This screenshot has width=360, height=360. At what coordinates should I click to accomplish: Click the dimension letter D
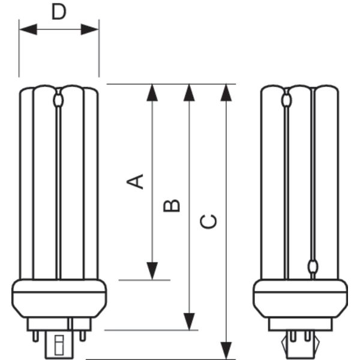click(58, 11)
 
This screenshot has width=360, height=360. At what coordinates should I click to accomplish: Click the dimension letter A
click(137, 181)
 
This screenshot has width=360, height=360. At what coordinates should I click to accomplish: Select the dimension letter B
click(172, 205)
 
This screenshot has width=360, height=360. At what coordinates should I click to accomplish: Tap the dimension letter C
click(209, 221)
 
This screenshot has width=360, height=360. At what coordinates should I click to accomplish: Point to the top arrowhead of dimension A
click(152, 92)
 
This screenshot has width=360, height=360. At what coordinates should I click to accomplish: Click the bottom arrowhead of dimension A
click(152, 271)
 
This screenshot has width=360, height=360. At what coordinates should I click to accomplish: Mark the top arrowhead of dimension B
click(190, 92)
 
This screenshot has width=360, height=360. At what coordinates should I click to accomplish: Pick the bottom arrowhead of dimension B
click(190, 322)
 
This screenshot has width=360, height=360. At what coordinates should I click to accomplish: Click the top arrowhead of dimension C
click(226, 92)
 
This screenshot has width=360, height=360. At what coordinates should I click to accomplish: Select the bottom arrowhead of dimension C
click(226, 350)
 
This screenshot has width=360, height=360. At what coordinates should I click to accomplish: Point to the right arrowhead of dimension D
click(91, 29)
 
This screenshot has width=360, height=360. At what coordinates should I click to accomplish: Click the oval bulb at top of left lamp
click(58, 100)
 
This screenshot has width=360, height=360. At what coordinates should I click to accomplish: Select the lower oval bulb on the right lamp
click(312, 266)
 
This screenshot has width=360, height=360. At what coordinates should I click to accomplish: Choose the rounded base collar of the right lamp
click(299, 298)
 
